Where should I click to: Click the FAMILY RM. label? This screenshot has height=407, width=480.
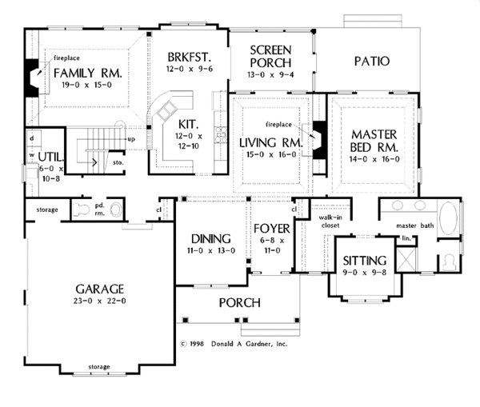pos(88,74)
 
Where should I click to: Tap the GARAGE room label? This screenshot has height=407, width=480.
pos(100,289)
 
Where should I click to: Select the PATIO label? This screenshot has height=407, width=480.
pos(372,62)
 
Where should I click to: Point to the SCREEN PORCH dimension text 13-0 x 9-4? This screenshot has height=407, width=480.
pos(270,74)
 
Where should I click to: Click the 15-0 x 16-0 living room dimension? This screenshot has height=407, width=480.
pos(271,154)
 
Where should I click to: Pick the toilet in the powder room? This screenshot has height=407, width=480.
pos(81,209)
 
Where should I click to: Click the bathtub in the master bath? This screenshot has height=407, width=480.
pos(448,217)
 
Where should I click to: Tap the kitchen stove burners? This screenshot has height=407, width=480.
pos(221,134)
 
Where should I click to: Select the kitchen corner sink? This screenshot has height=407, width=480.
pos(167,110)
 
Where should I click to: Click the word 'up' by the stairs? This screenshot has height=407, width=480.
pos(131,140)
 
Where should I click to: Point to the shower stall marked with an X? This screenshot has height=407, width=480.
pos(406,259)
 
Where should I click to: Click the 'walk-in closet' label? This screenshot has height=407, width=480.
pos(330,221)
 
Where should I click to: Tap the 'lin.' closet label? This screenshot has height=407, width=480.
pos(406,238)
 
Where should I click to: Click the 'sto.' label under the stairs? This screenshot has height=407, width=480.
pos(118,162)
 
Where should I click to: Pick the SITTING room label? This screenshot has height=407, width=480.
pos(365,261)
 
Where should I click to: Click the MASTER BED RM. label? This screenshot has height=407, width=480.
pos(374,141)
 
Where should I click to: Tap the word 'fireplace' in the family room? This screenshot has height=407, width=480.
pos(66,58)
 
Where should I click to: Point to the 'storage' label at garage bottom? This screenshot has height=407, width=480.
pos(99,366)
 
